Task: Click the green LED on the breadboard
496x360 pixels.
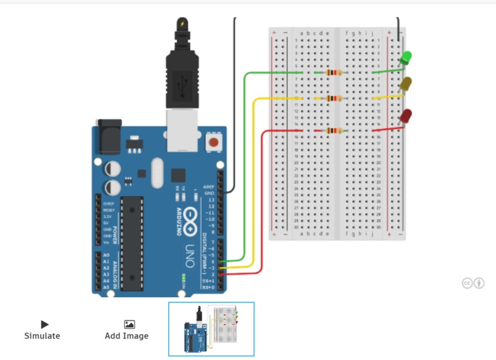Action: point(406,58)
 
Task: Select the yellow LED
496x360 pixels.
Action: point(406,84)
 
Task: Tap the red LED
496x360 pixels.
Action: point(406,116)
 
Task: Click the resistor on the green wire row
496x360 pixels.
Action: point(333,72)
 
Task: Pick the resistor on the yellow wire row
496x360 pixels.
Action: point(333,98)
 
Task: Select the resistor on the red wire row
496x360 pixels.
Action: point(333,131)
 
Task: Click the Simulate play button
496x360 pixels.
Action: point(45,324)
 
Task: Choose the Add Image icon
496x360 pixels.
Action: point(129,324)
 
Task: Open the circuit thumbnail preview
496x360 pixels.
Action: point(211,329)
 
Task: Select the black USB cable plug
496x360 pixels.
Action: point(181,75)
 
